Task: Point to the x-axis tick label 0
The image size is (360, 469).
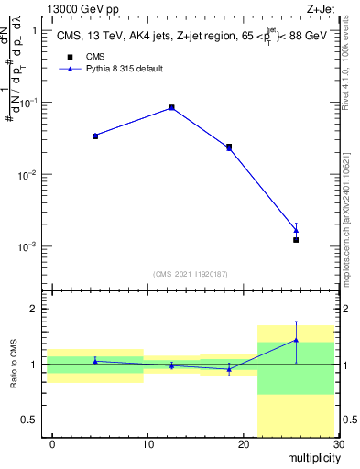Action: [x=52, y=444]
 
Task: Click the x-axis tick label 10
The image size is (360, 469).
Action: [x=147, y=444]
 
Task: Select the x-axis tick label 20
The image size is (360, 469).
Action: [x=243, y=444]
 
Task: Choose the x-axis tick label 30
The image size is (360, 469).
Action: [x=337, y=444]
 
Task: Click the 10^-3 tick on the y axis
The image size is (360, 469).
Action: [x=27, y=246]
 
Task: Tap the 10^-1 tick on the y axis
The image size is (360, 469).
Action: [x=27, y=102]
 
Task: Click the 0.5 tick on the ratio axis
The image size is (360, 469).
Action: [x=30, y=420]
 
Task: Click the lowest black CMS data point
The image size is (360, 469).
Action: [x=296, y=240]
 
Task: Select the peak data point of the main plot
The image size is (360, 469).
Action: [x=171, y=107]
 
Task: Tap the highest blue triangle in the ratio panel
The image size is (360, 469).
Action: [x=296, y=340]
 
